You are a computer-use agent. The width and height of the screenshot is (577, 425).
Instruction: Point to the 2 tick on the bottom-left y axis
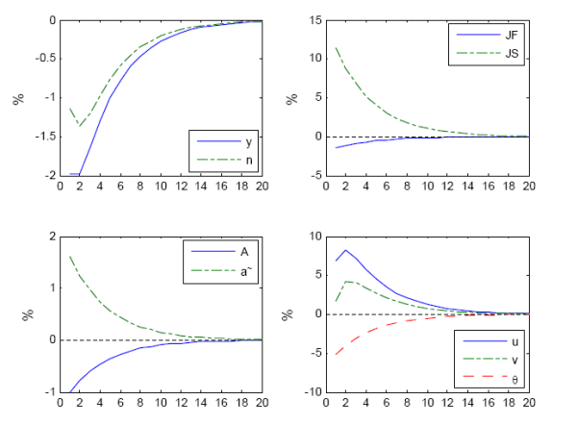tap(48, 236)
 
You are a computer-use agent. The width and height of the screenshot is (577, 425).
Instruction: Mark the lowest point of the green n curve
tap(80, 126)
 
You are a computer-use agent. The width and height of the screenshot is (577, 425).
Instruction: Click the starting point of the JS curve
tap(336, 47)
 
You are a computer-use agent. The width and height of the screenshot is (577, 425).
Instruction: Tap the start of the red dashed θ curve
tap(336, 355)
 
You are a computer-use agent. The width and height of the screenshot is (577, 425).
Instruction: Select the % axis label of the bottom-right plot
tap(286, 313)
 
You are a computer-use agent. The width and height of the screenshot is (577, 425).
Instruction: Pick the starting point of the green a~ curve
tap(69, 256)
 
